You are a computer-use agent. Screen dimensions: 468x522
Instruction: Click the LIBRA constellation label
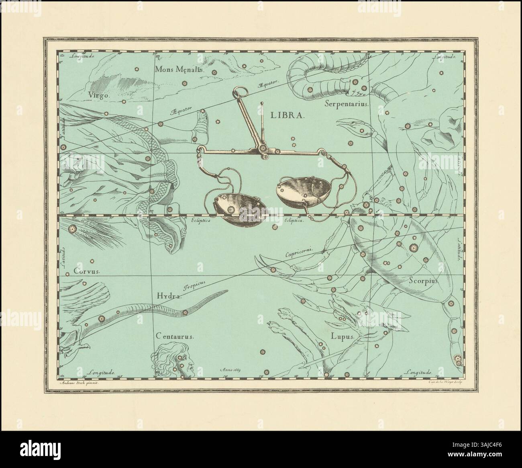(288, 115)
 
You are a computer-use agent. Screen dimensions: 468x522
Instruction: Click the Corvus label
(86, 271)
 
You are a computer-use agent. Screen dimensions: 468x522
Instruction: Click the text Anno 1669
(233, 369)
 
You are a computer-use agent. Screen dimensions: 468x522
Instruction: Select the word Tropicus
(195, 285)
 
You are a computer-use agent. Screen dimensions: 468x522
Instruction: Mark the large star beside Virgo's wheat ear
(73, 229)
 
